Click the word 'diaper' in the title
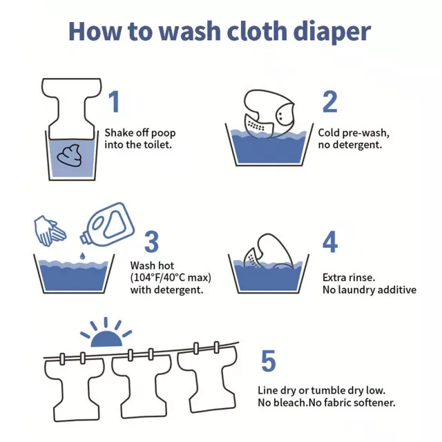[x=331, y=32]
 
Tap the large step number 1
[x=114, y=102]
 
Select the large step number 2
[x=330, y=102]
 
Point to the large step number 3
[x=152, y=242]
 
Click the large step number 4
[x=330, y=242]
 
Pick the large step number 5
[x=269, y=361]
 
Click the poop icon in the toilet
[x=70, y=155]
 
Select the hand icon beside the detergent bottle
[x=50, y=231]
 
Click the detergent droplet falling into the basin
[x=82, y=256]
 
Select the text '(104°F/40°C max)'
[x=171, y=278]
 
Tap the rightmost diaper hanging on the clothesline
[x=207, y=378]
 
